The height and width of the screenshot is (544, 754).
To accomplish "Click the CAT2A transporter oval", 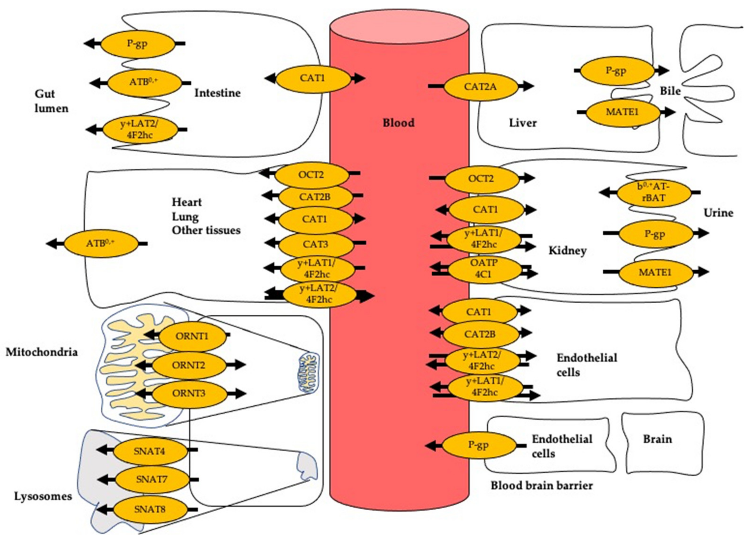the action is pyautogui.click(x=481, y=87).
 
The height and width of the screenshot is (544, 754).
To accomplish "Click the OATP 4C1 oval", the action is pyautogui.click(x=484, y=268).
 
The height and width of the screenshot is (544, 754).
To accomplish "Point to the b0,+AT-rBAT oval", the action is pyautogui.click(x=654, y=192).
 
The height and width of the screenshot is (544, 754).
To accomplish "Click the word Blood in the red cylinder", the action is pyautogui.click(x=399, y=123).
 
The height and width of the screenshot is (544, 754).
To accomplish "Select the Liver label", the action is pyautogui.click(x=523, y=123).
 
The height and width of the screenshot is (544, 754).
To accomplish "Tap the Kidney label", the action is pyautogui.click(x=567, y=251).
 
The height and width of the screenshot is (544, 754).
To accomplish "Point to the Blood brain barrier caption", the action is pyautogui.click(x=541, y=486).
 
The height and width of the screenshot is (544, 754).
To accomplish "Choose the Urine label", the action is pyautogui.click(x=718, y=213).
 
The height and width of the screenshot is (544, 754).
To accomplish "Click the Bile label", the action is pyautogui.click(x=670, y=91).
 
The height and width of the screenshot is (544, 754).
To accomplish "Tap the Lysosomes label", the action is pyautogui.click(x=43, y=496).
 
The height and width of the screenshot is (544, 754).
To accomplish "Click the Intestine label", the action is pyautogui.click(x=217, y=93).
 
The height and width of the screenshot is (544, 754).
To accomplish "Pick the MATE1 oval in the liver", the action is pyautogui.click(x=622, y=112).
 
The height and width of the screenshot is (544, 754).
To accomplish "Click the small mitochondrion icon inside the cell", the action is pyautogui.click(x=307, y=373).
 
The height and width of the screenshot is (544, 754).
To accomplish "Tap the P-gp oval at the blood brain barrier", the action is pyautogui.click(x=479, y=445).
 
